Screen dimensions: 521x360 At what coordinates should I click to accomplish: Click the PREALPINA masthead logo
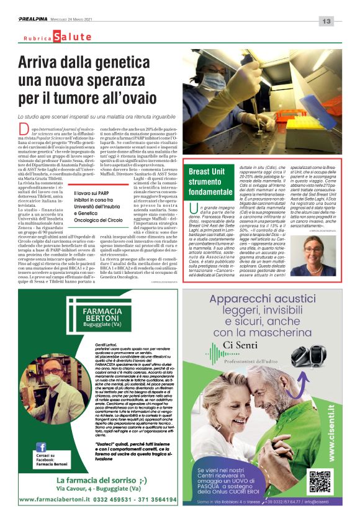click(32, 20)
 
